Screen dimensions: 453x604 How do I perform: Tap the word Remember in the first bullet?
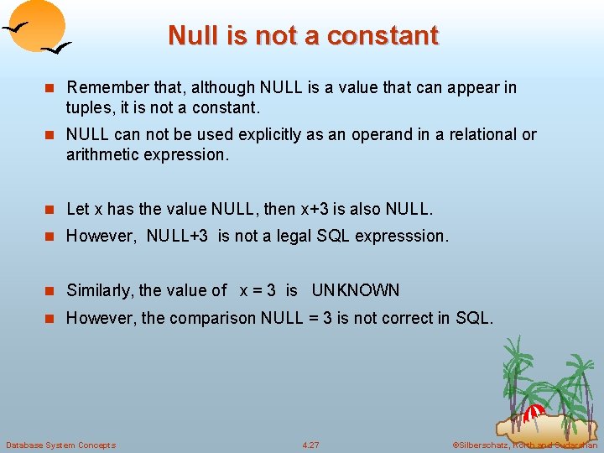click(x=105, y=87)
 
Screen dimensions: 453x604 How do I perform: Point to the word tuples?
click(x=87, y=107)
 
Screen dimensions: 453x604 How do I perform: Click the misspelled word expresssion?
click(x=402, y=236)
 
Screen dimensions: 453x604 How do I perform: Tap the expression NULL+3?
click(x=177, y=236)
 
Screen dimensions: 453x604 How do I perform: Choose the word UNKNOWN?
click(x=356, y=290)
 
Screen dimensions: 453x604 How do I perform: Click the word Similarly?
click(x=100, y=290)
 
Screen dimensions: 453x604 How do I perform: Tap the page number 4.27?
click(x=310, y=445)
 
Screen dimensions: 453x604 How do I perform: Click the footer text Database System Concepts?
click(x=60, y=445)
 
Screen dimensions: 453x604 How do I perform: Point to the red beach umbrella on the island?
click(x=534, y=412)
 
